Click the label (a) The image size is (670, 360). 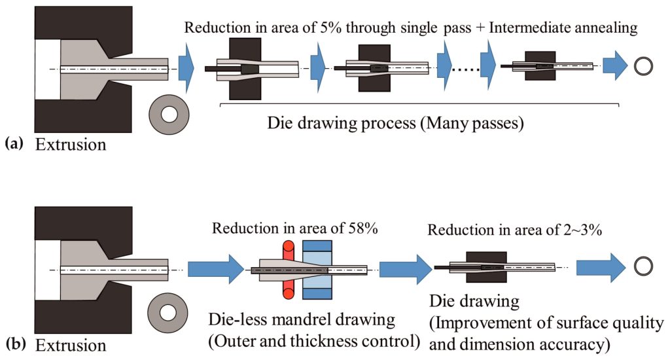tap(14, 143)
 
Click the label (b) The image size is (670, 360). tap(14, 343)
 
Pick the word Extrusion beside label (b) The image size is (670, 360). tap(71, 344)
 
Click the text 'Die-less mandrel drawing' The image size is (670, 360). tap(302, 321)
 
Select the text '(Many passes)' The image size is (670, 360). tap(475, 122)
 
